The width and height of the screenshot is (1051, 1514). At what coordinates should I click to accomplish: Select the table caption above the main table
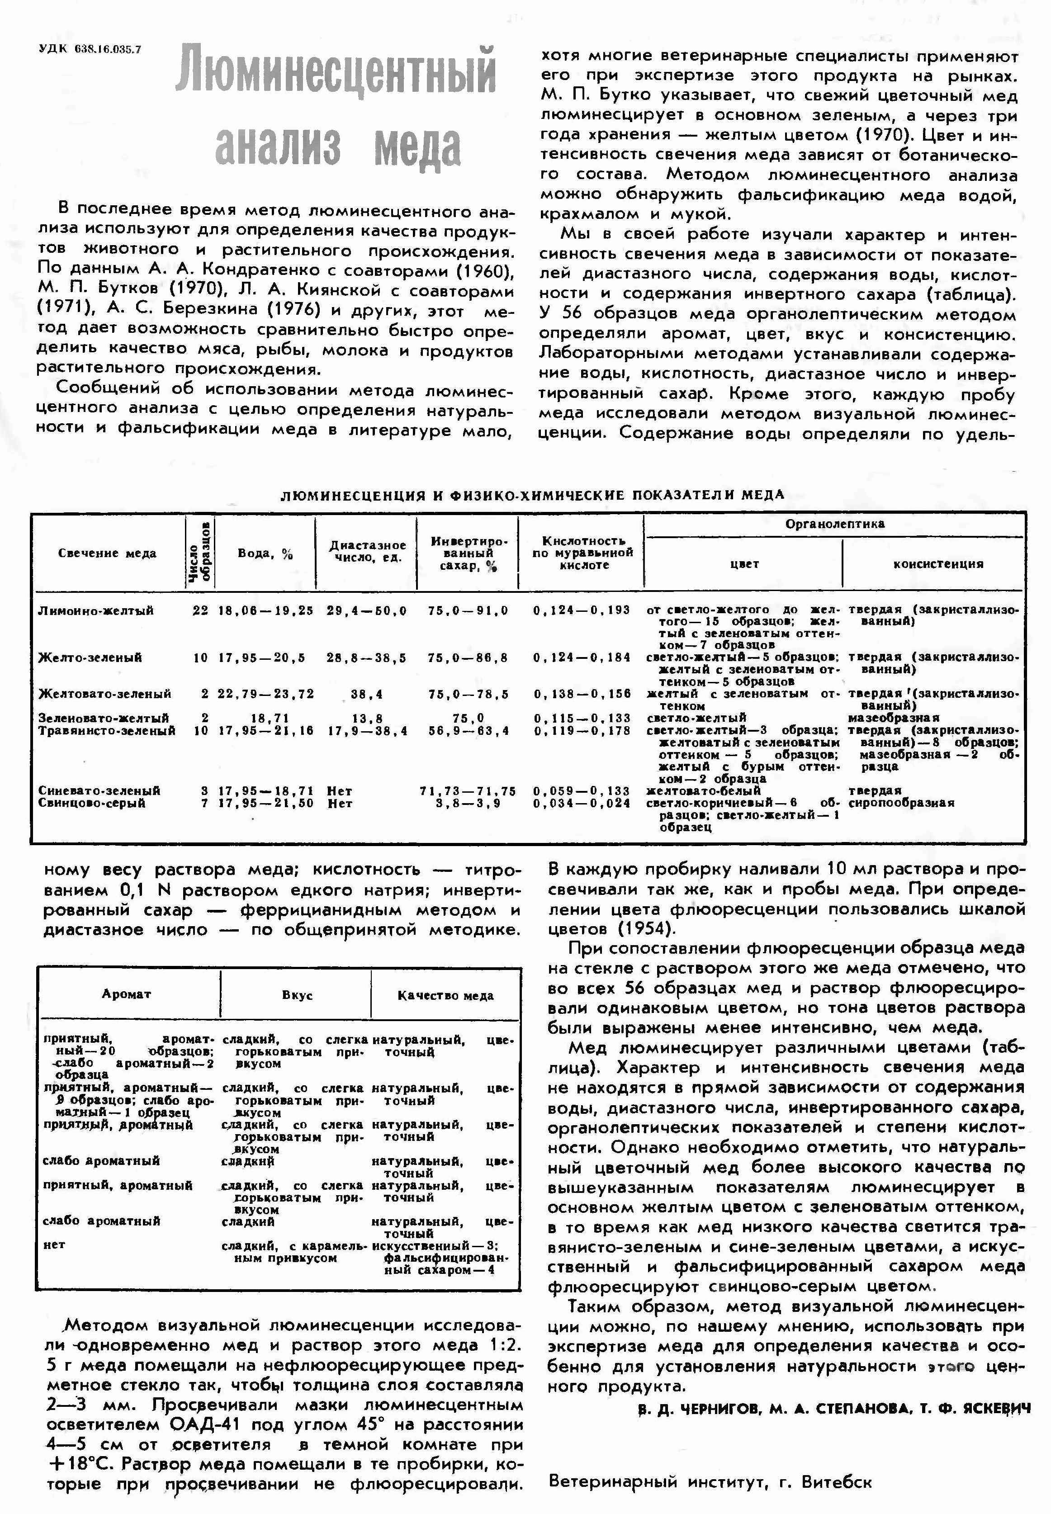tap(532, 495)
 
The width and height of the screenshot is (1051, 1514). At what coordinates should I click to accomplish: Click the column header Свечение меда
tap(107, 553)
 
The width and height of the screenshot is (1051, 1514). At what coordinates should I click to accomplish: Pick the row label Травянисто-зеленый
tap(107, 730)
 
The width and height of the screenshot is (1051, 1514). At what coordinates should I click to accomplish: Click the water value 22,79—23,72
tap(265, 693)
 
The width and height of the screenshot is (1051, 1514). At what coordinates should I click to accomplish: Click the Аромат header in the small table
tap(127, 994)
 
